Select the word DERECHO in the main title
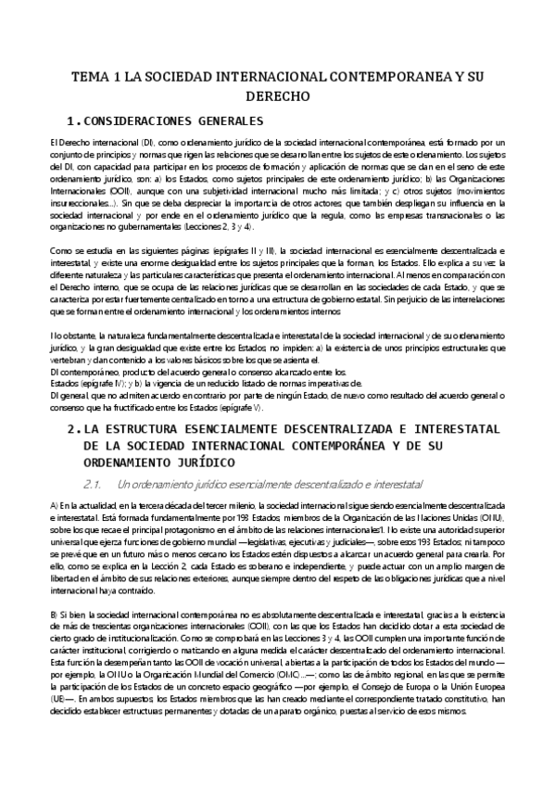(x=278, y=96)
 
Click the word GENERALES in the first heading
(x=232, y=122)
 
